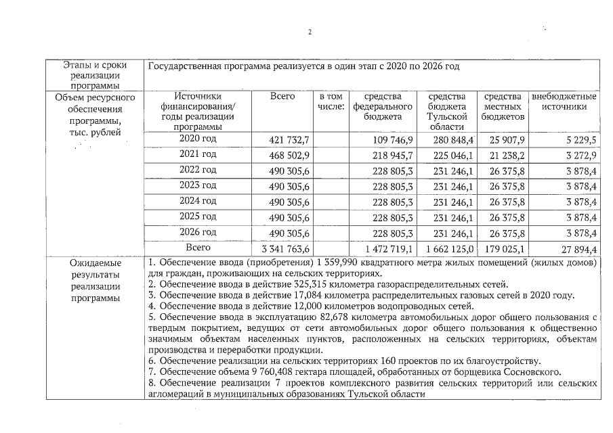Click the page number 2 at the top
tap(310, 32)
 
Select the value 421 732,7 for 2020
tap(290, 140)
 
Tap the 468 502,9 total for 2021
tap(290, 155)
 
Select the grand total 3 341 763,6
tap(285, 249)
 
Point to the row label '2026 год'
tap(198, 233)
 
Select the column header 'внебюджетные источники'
tap(564, 102)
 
